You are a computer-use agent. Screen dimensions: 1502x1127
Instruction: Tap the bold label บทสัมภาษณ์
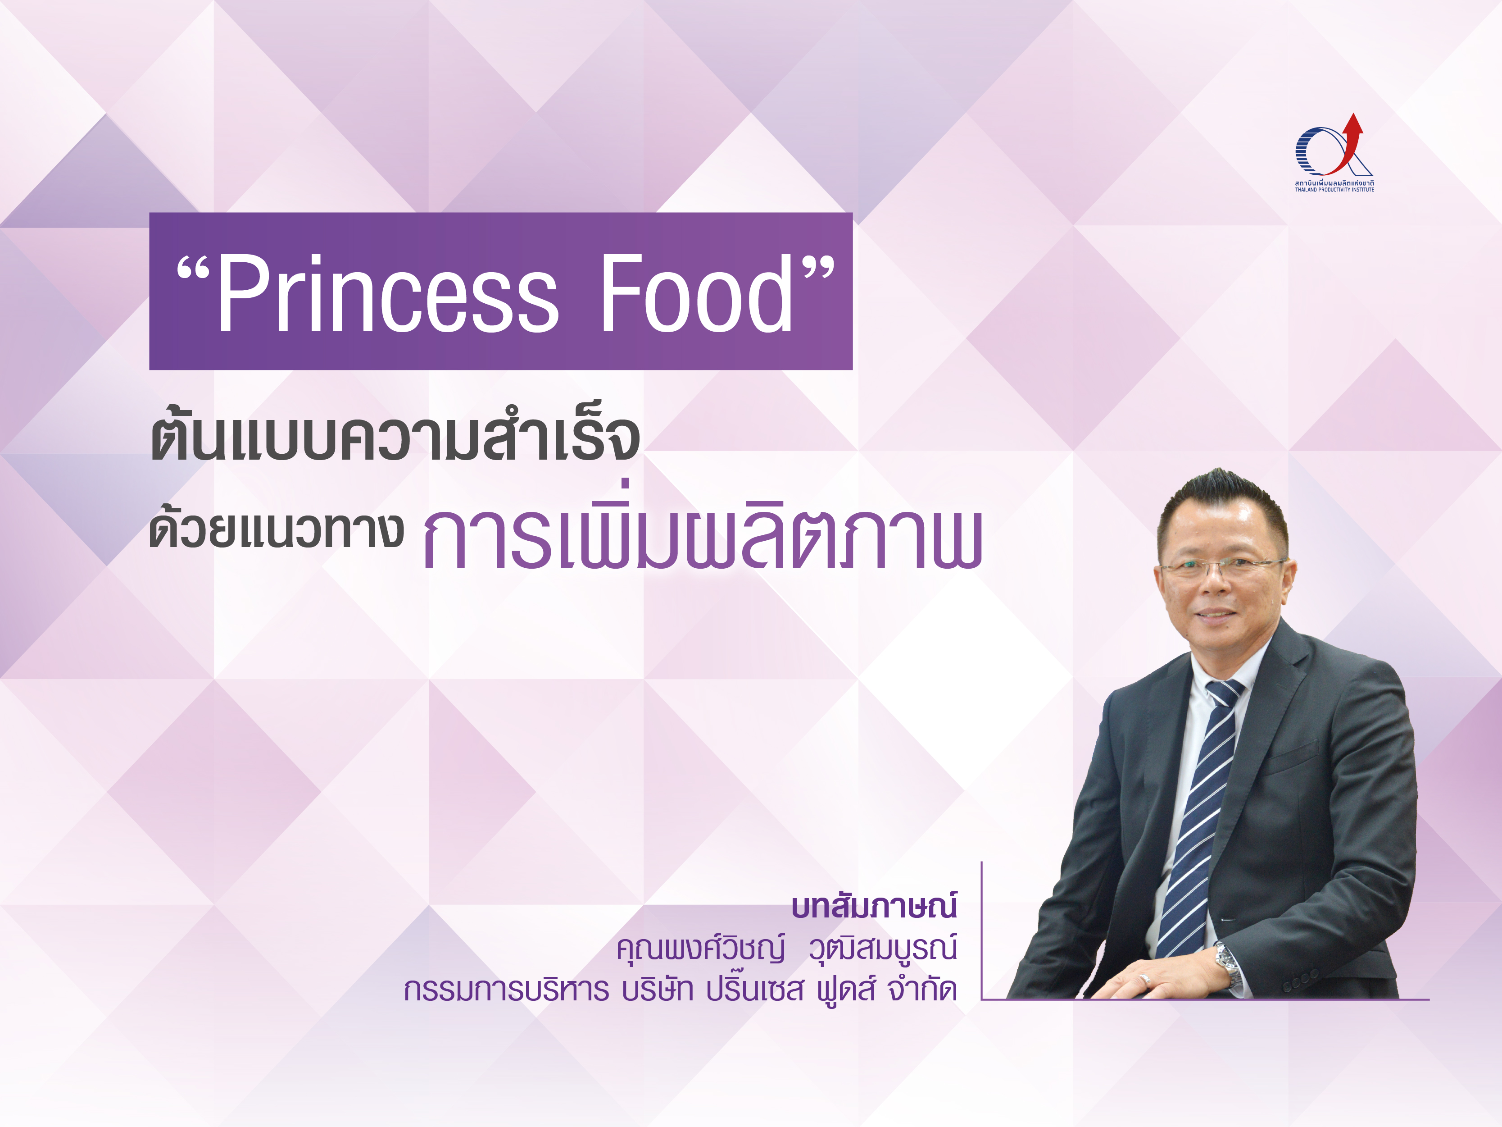(x=875, y=906)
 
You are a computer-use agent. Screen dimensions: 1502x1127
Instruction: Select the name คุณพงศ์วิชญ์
(x=701, y=949)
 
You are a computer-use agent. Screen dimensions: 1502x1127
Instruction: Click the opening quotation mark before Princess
(x=194, y=271)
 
